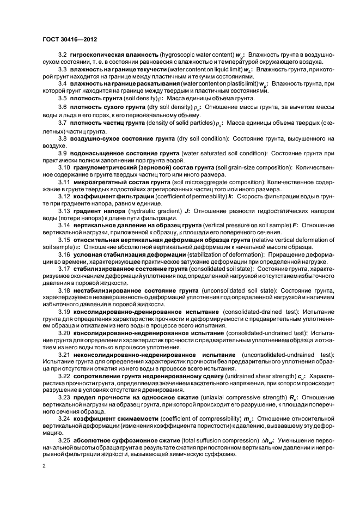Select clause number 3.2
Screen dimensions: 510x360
point(62,56)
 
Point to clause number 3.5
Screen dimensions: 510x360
point(62,98)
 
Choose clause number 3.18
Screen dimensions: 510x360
point(64,292)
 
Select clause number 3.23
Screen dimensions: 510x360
point(64,397)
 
